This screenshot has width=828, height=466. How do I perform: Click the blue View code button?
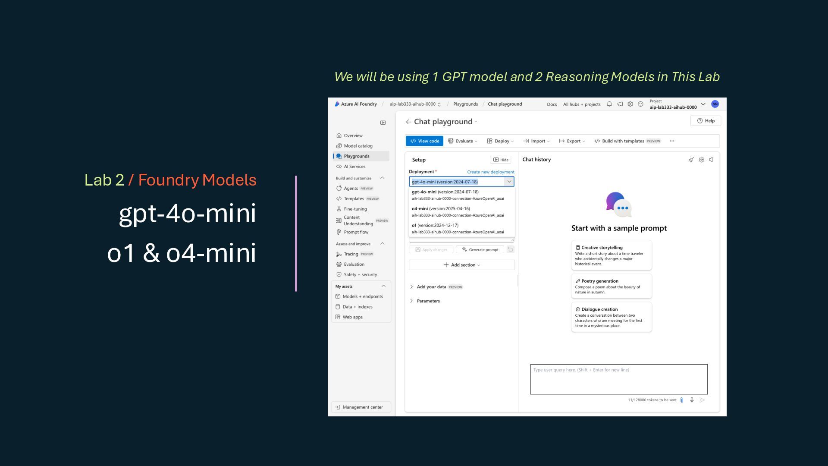(x=424, y=141)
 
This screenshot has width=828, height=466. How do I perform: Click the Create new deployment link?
(x=490, y=172)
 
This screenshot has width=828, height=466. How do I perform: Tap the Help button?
(x=706, y=121)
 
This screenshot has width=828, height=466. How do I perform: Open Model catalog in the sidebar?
(x=358, y=146)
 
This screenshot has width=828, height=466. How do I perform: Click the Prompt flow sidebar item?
(x=356, y=232)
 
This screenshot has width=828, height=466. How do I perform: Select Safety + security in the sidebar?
(x=360, y=274)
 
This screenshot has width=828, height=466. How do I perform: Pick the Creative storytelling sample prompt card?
(x=611, y=255)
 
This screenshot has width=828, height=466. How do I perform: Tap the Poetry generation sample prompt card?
(x=611, y=286)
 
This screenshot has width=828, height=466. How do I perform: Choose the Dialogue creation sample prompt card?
(x=611, y=317)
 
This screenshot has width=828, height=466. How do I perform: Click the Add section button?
(x=461, y=265)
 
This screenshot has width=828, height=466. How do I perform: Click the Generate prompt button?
(x=480, y=249)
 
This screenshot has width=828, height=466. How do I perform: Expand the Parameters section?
(x=428, y=301)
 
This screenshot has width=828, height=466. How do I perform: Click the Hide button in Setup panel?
(x=501, y=160)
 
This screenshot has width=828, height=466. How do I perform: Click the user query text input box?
(x=618, y=379)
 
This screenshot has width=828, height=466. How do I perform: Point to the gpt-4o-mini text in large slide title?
(x=187, y=213)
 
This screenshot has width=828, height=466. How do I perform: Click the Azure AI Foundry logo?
(x=337, y=104)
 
